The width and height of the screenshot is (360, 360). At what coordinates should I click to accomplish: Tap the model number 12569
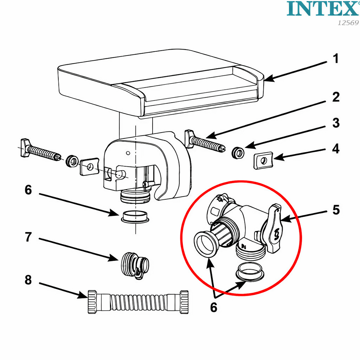(x=348, y=23)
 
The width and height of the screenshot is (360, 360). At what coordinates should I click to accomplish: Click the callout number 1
(x=336, y=58)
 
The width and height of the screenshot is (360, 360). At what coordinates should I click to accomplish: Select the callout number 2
(x=336, y=97)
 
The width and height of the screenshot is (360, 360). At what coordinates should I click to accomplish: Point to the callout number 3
(x=336, y=123)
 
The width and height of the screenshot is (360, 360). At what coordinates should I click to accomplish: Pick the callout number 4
(x=336, y=149)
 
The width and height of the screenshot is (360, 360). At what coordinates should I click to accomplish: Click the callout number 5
(x=336, y=210)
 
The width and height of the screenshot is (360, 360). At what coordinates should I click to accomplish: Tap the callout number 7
(x=28, y=237)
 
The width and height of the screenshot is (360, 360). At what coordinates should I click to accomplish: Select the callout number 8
(x=28, y=280)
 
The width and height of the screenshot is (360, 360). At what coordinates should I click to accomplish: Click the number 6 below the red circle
(x=213, y=307)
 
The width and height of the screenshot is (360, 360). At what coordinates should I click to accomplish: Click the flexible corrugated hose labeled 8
(x=138, y=302)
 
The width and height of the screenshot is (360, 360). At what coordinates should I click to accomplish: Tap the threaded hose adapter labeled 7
(x=135, y=265)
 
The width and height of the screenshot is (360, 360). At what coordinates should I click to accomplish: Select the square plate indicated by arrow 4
(x=263, y=161)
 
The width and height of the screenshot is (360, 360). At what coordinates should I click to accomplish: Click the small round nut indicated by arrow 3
(x=238, y=153)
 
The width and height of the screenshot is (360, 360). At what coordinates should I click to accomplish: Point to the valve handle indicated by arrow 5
(x=273, y=229)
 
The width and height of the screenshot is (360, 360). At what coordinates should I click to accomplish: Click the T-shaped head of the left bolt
(x=25, y=148)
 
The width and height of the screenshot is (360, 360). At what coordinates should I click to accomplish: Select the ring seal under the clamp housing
(x=135, y=217)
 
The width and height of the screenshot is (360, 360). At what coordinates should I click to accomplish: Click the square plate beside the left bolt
(x=89, y=166)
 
